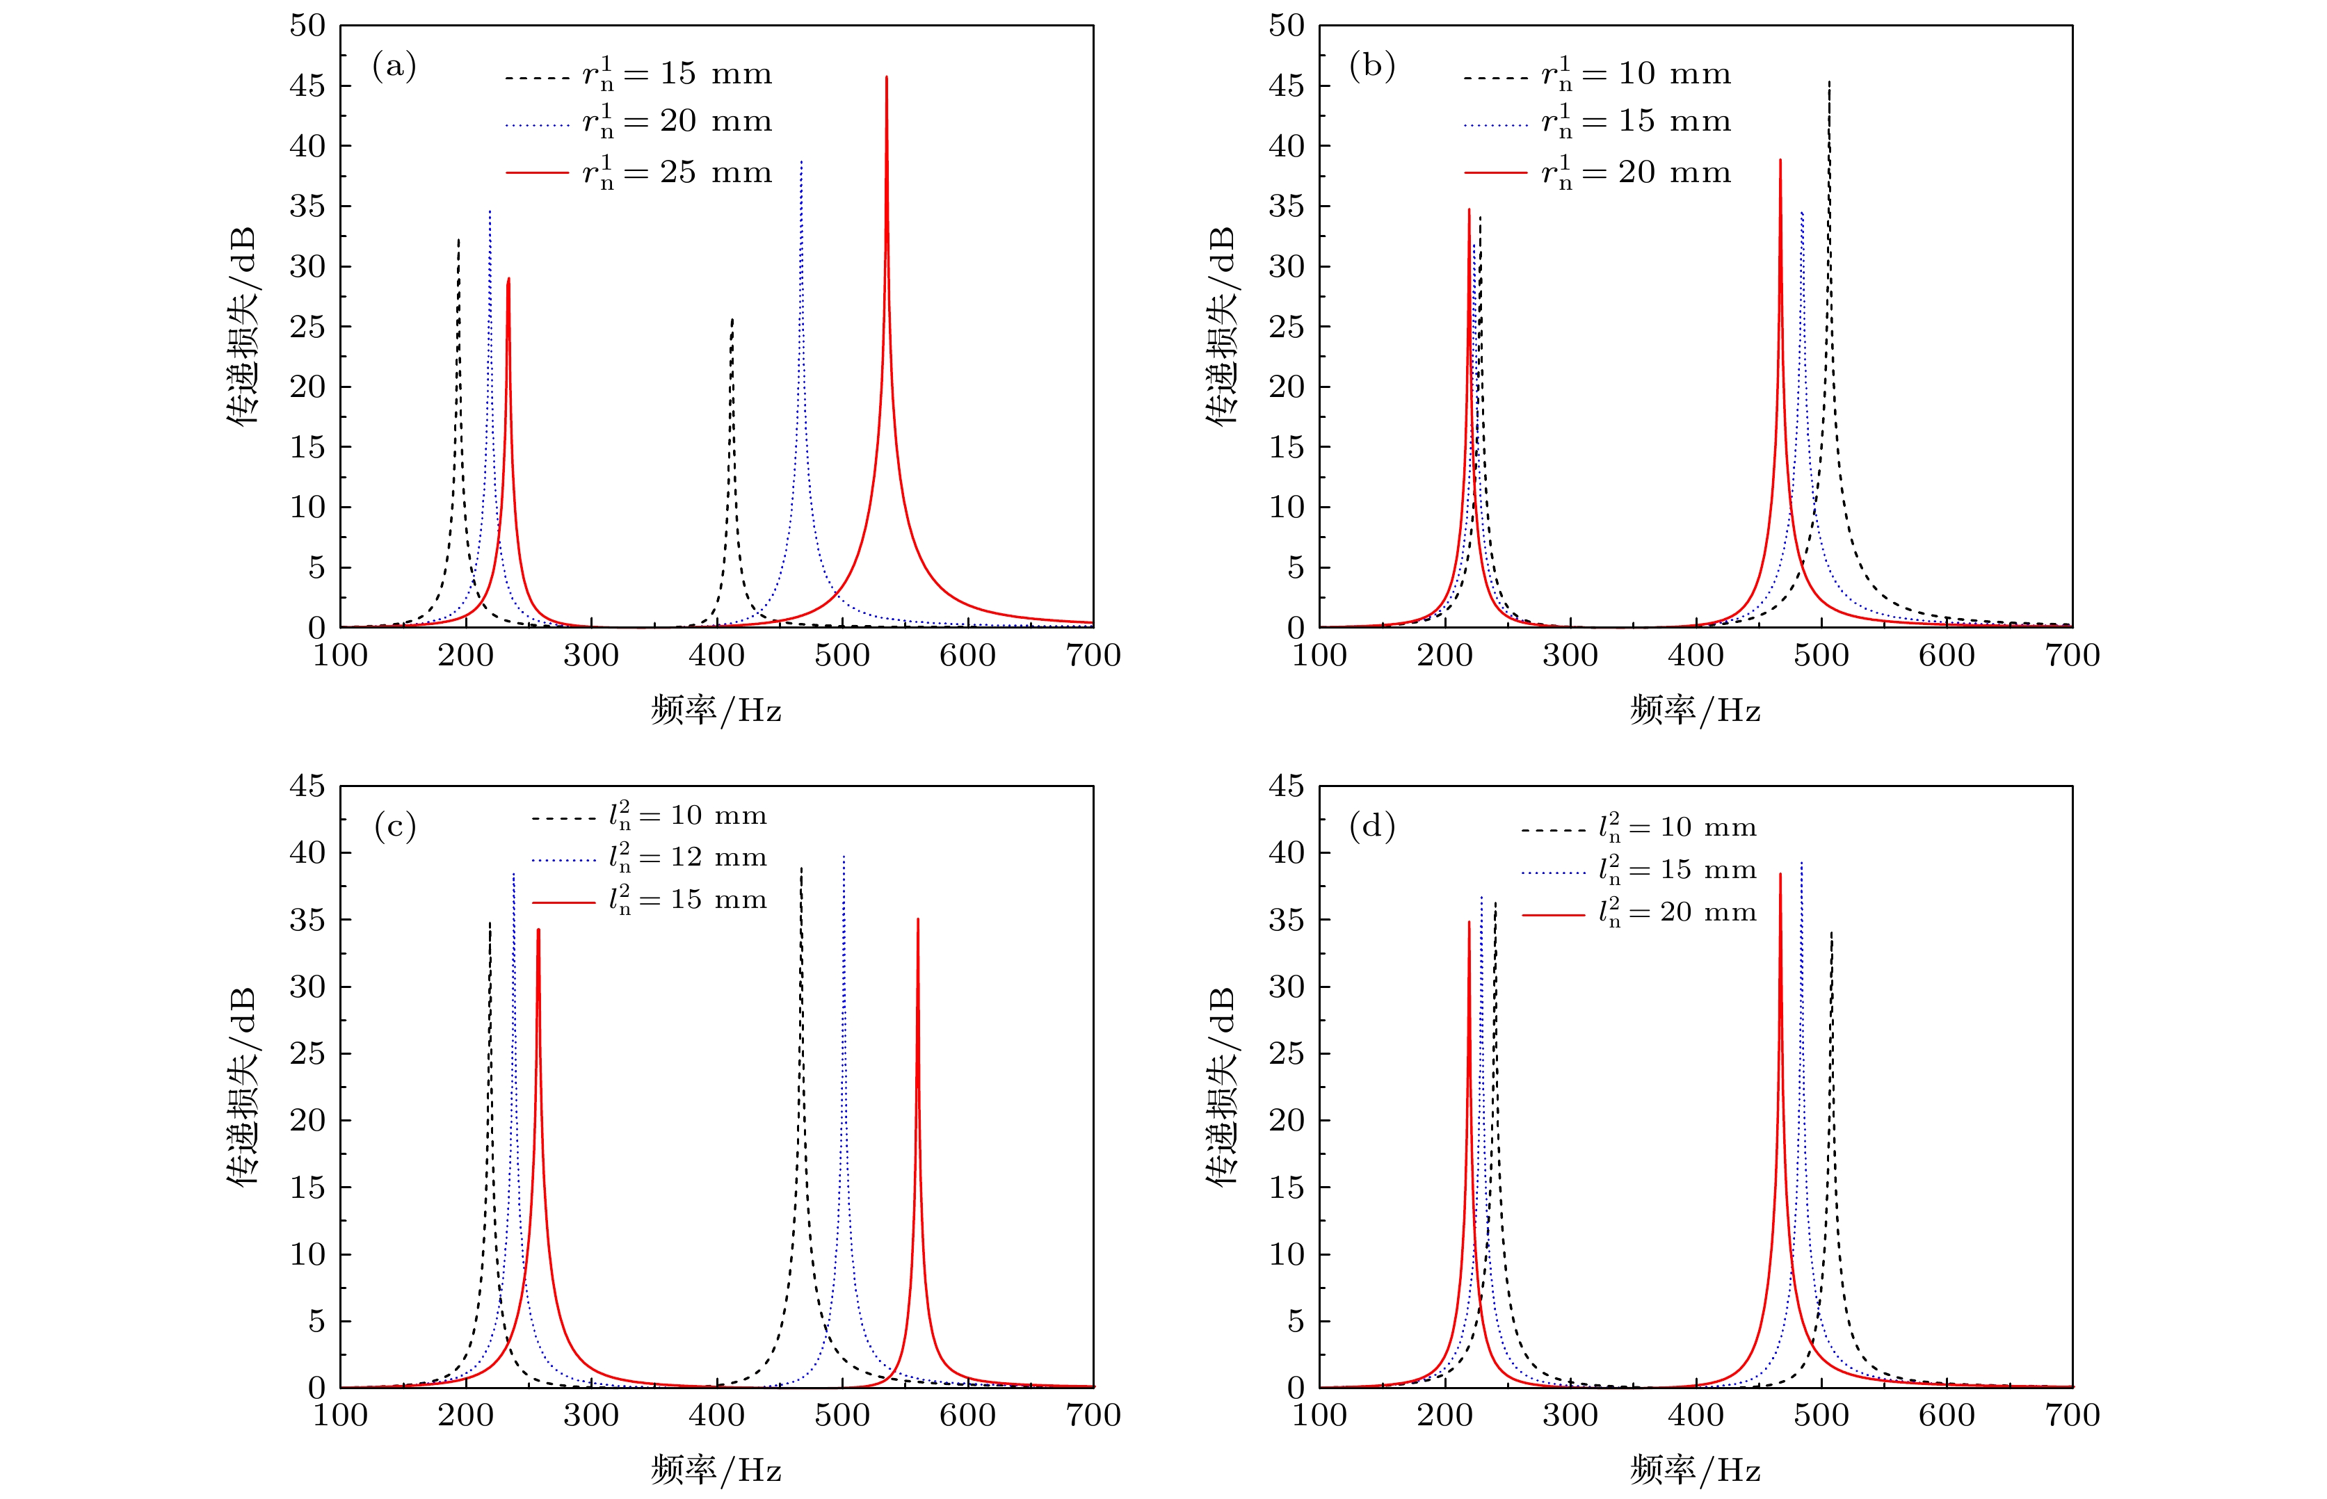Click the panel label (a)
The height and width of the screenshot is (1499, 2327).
394,66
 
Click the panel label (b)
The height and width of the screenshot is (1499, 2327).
1372,66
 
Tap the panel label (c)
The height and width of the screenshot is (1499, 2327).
394,827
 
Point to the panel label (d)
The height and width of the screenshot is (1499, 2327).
1372,827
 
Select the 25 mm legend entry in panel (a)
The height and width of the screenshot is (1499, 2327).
638,172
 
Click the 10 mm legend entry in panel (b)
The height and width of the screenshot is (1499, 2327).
1597,74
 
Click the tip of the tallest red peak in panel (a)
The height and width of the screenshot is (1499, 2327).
886,77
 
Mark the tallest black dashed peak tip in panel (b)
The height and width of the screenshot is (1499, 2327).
1828,83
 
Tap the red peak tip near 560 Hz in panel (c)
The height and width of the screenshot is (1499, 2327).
917,919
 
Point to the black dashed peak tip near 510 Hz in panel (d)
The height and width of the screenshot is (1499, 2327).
1831,932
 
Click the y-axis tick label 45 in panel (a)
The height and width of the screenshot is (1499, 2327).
307,86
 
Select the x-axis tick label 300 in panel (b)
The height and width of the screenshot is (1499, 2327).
1570,655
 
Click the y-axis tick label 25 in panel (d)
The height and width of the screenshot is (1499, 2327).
1286,1053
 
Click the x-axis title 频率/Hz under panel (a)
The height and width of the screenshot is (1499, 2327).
716,711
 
